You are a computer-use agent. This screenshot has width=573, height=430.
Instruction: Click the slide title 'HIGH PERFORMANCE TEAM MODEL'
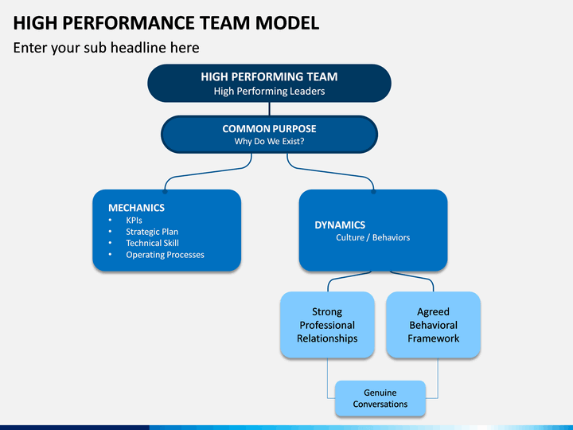[x=166, y=23]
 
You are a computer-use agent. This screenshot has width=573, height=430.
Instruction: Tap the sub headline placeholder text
[x=106, y=48]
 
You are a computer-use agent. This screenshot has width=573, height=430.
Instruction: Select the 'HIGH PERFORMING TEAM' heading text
[x=269, y=76]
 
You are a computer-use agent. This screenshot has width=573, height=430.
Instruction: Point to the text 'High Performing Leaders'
[x=269, y=91]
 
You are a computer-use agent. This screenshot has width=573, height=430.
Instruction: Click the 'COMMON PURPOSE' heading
[x=269, y=129]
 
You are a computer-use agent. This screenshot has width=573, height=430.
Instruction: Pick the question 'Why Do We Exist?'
[x=269, y=141]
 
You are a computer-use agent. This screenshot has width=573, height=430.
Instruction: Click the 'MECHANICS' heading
[x=136, y=208]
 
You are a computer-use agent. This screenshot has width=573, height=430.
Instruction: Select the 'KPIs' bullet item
[x=134, y=220]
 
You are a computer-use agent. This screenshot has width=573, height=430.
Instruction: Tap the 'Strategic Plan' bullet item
[x=152, y=232]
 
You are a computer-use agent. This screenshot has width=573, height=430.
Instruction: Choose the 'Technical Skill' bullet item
[x=152, y=243]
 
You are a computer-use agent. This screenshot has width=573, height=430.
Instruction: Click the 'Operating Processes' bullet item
[x=166, y=255]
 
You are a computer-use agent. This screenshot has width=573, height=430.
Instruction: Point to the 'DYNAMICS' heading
[x=340, y=225]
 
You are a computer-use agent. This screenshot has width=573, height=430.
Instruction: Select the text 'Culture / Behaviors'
[x=372, y=237]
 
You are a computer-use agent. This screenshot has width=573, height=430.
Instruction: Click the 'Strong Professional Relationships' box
[x=327, y=325]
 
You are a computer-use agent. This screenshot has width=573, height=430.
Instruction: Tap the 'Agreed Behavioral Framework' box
[x=433, y=325]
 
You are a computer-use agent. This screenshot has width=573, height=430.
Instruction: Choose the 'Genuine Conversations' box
[x=380, y=398]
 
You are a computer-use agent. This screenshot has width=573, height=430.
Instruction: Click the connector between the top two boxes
[x=269, y=109]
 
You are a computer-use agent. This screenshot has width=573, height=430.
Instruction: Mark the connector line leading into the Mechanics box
[x=209, y=173]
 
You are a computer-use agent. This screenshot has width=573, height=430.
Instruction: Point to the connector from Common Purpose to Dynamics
[x=331, y=173]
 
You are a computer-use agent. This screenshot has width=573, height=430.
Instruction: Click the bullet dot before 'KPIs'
[x=110, y=220]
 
